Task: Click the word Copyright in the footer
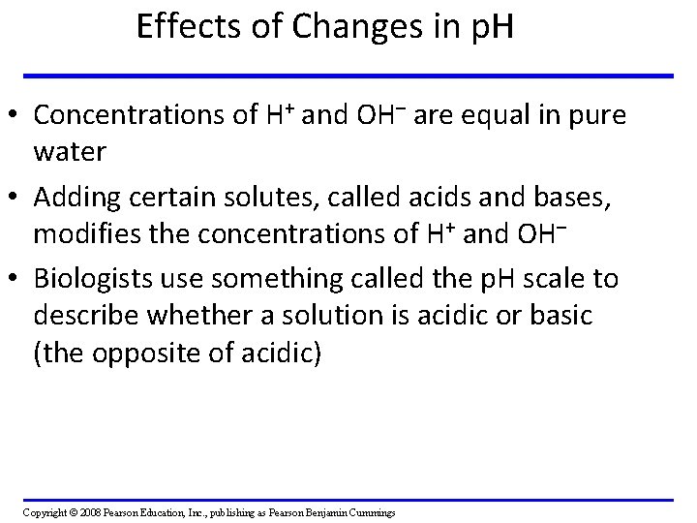44,511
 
